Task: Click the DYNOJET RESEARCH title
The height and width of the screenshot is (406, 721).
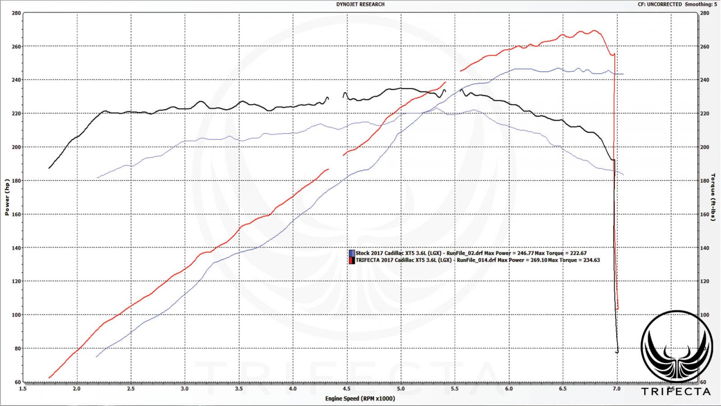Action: point(360,5)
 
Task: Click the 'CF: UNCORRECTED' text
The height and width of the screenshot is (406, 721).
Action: point(660,5)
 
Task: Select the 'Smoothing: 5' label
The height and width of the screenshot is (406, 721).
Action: point(701,5)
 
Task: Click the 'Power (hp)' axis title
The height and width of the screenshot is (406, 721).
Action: point(7,197)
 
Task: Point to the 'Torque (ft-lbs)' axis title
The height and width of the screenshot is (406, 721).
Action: point(713,197)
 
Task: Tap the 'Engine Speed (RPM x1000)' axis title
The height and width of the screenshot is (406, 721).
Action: point(360,398)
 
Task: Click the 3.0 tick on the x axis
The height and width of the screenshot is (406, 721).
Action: point(185,388)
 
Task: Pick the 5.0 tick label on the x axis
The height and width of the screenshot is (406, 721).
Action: point(401,388)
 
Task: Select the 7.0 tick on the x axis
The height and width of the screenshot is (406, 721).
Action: point(616,388)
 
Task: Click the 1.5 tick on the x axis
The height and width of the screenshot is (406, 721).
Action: point(23,388)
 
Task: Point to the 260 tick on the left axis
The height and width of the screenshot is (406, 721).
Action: point(16,46)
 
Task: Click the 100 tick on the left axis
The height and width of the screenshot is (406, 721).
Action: point(16,315)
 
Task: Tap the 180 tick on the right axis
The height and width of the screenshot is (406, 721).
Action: point(704,180)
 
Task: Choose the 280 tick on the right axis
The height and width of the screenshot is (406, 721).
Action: point(704,13)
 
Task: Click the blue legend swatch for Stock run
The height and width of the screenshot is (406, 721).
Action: point(351,254)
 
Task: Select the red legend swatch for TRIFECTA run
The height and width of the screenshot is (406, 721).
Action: point(351,260)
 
